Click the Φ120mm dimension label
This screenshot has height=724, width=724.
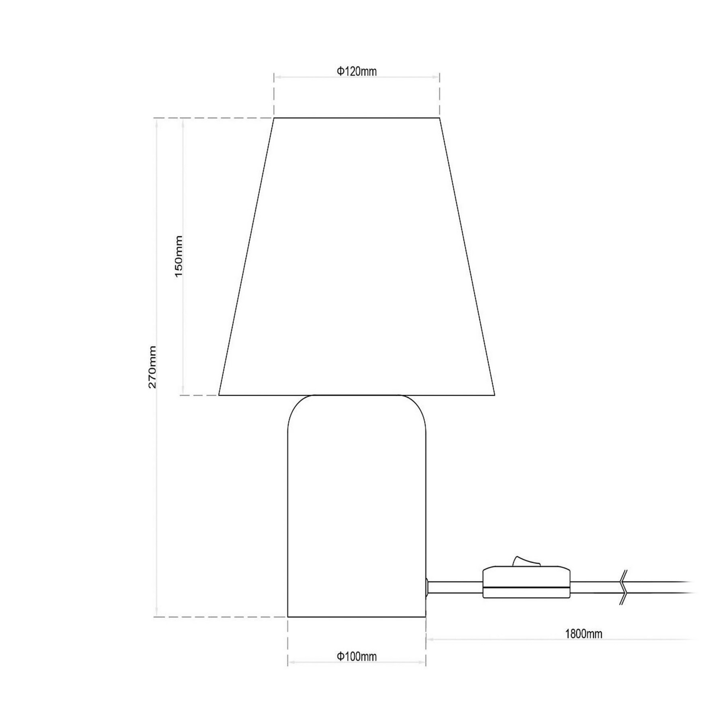pos(357,71)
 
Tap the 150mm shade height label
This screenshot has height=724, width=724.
pos(179,256)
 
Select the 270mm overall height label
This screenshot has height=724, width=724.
pos(152,367)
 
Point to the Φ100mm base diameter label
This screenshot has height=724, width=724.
pos(357,656)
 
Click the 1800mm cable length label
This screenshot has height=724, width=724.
pos(584,633)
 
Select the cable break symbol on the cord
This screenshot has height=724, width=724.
pos(623,587)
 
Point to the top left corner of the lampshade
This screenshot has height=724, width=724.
pos(274,118)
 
